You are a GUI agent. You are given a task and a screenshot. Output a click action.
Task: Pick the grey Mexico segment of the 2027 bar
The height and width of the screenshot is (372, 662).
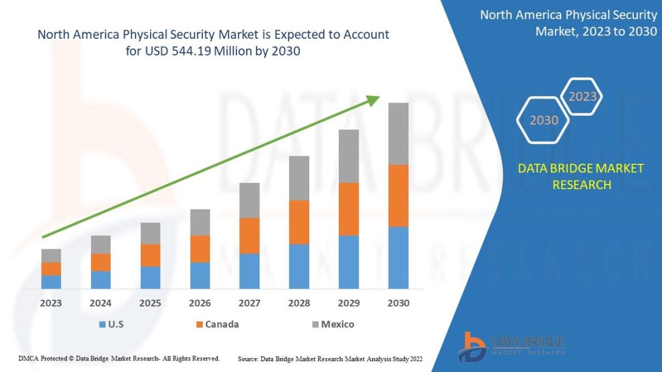pyautogui.click(x=249, y=200)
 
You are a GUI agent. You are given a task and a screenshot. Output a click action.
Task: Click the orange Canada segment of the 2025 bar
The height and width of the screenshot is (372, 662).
pyautogui.click(x=150, y=255)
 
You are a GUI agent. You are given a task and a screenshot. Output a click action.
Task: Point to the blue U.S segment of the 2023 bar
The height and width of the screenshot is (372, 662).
pyautogui.click(x=51, y=282)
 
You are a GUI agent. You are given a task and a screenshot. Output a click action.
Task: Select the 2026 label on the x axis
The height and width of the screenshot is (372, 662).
pyautogui.click(x=200, y=303)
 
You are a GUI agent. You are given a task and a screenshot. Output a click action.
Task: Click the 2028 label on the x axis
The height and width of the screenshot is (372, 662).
pyautogui.click(x=299, y=303)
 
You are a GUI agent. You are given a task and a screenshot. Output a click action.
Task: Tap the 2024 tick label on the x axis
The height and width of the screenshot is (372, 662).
pyautogui.click(x=101, y=303)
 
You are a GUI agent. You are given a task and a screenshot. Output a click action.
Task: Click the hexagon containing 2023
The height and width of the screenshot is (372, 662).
pyautogui.click(x=582, y=96)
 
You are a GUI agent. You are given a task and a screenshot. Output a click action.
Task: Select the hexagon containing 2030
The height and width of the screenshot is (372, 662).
pyautogui.click(x=544, y=120)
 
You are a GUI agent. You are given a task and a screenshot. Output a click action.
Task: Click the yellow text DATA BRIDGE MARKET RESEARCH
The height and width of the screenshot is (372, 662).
pyautogui.click(x=581, y=177)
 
